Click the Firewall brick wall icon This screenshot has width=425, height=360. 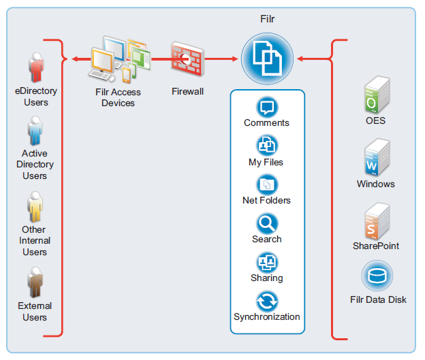pyautogui.click(x=187, y=60)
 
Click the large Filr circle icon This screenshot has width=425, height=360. pyautogui.click(x=267, y=59)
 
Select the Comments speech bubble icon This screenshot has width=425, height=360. pyautogui.click(x=267, y=107)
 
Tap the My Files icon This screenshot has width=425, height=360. pyautogui.click(x=267, y=146)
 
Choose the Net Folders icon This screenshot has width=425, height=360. pyautogui.click(x=267, y=184)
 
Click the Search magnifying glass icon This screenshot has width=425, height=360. pyautogui.click(x=267, y=223)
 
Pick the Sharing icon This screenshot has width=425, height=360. pyautogui.click(x=267, y=262)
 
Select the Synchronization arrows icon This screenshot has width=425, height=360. pyautogui.click(x=267, y=301)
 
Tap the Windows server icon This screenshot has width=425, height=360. pyautogui.click(x=376, y=157)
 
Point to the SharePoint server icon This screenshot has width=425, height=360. pyautogui.click(x=376, y=219)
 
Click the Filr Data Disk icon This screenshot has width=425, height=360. pyautogui.click(x=376, y=277)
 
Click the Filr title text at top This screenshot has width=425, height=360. pyautogui.click(x=267, y=17)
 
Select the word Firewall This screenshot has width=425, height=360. pyautogui.click(x=187, y=91)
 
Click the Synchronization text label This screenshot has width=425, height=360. pyautogui.click(x=267, y=317)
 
